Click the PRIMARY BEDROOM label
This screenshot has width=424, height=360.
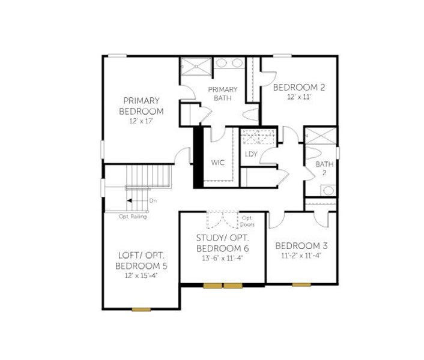click(141, 106)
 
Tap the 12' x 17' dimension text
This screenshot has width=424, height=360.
click(141, 121)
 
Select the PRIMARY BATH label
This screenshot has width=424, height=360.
click(222, 94)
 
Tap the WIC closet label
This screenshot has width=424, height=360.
click(217, 163)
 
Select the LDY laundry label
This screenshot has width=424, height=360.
click(251, 154)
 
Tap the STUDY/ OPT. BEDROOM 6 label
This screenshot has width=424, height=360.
click(222, 243)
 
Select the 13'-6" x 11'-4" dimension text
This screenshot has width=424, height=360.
click(222, 259)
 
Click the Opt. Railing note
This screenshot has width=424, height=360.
click(132, 217)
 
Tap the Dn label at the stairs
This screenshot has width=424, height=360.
click(153, 200)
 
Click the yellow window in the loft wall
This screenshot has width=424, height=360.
click(141, 309)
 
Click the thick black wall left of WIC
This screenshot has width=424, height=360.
click(197, 157)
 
